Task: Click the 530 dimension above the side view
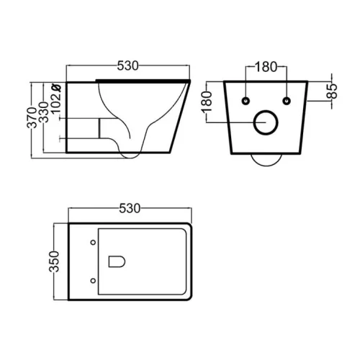tap(127, 66)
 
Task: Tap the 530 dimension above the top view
tap(130, 208)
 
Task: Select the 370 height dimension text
tap(32, 117)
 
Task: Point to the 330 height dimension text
tap(44, 112)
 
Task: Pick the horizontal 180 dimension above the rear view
tap(266, 67)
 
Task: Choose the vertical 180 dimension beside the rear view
tap(207, 102)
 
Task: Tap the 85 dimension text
tap(333, 91)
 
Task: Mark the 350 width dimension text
tap(54, 261)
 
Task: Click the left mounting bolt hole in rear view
tap(246, 101)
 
